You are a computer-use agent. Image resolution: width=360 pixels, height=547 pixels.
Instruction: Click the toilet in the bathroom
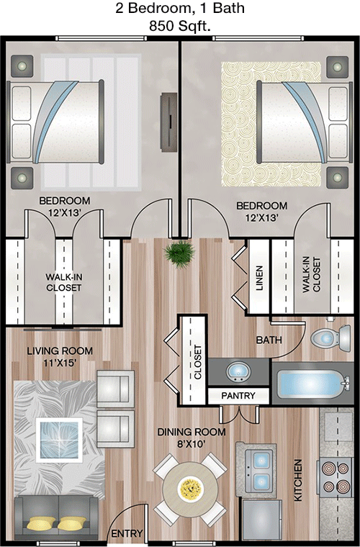330,338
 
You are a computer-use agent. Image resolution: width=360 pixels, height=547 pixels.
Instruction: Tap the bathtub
313,384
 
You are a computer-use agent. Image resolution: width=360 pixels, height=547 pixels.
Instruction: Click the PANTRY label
238,396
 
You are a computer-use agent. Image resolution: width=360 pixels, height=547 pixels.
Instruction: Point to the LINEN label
259,278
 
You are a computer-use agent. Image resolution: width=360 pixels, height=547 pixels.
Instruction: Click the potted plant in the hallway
180,253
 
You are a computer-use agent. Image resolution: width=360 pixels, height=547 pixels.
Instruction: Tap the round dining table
190,486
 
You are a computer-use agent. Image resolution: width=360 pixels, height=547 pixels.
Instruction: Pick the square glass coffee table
59,440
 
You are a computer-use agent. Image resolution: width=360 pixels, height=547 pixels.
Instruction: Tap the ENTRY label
127,533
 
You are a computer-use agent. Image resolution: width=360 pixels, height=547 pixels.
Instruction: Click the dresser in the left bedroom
168,122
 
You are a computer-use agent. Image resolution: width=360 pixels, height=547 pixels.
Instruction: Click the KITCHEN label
297,480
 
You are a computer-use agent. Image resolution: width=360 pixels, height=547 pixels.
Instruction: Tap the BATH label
269,340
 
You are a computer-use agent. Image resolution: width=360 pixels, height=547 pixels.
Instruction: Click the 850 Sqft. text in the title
180,26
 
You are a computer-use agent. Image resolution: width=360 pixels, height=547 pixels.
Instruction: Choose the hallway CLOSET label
198,362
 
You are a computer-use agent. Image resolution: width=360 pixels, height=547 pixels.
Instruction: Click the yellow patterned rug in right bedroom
271,124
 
